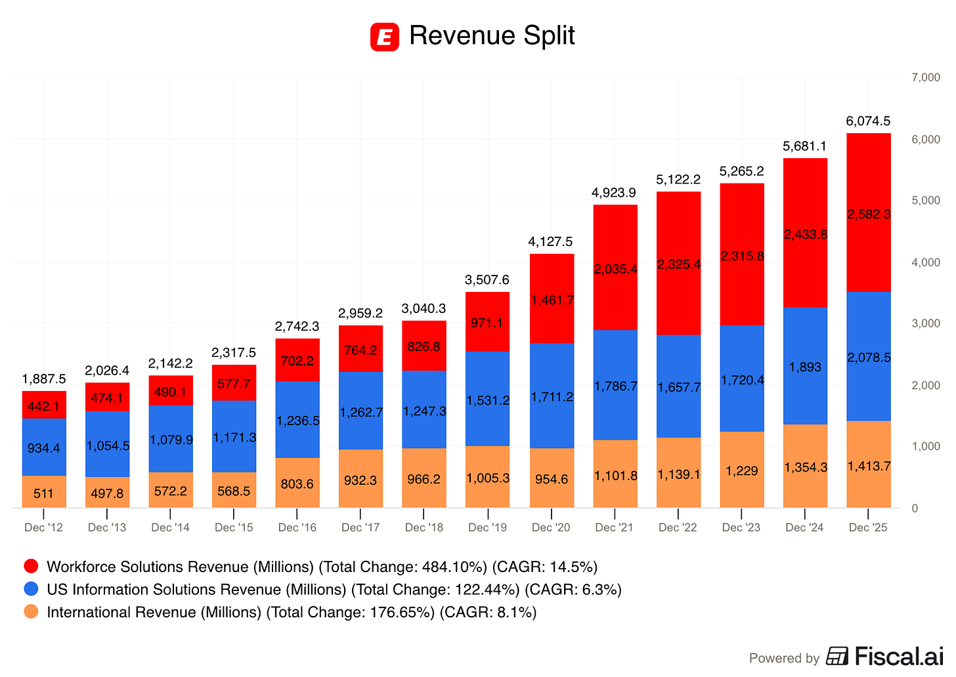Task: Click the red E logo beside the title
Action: (x=384, y=37)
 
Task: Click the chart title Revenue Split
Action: (x=492, y=35)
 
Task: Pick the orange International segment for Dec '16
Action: (x=297, y=483)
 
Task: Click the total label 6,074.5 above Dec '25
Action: (x=868, y=121)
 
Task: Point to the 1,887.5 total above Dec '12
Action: (x=44, y=379)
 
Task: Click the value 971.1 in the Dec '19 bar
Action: (x=487, y=323)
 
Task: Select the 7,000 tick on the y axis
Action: (x=926, y=77)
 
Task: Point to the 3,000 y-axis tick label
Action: (x=926, y=323)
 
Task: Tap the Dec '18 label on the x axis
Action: (x=424, y=527)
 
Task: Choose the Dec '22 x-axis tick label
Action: (x=678, y=527)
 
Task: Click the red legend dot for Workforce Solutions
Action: (x=31, y=567)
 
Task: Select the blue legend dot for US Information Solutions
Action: (x=31, y=589)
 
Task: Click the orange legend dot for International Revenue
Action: (x=31, y=612)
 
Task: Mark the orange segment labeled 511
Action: (x=44, y=492)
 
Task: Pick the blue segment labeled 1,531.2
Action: (x=487, y=400)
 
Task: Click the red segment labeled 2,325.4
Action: (x=678, y=264)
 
